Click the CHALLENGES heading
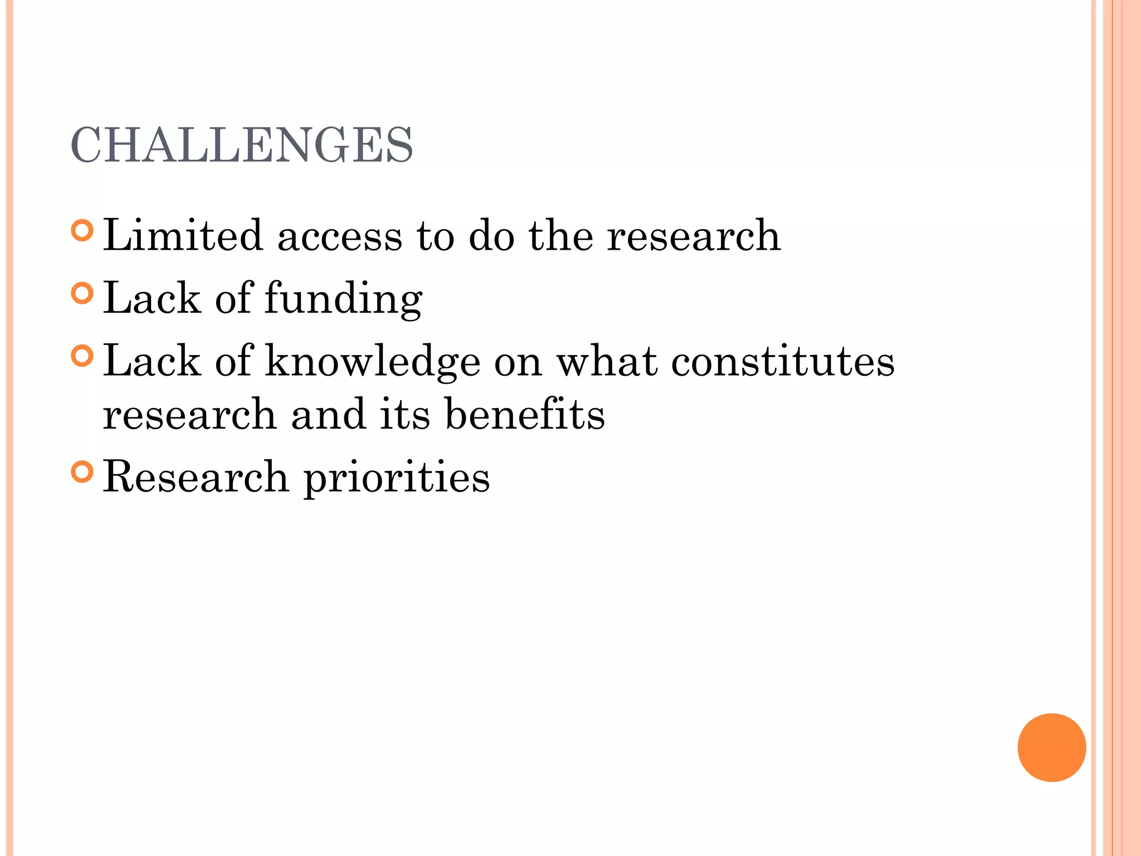[x=242, y=145]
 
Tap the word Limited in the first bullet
[x=183, y=235]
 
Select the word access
[x=339, y=236]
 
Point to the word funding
[x=343, y=299]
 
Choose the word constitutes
[x=782, y=361]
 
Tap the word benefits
[x=525, y=415]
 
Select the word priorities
[x=397, y=478]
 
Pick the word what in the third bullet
[x=607, y=361]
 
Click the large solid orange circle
[x=1051, y=747]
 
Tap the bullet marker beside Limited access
[x=82, y=231]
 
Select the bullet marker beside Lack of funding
[x=82, y=293]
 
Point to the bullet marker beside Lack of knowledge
[x=82, y=356]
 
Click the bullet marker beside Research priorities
[x=82, y=472]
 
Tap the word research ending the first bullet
[x=694, y=236]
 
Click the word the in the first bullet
[x=561, y=235]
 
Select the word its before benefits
[x=405, y=415]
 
